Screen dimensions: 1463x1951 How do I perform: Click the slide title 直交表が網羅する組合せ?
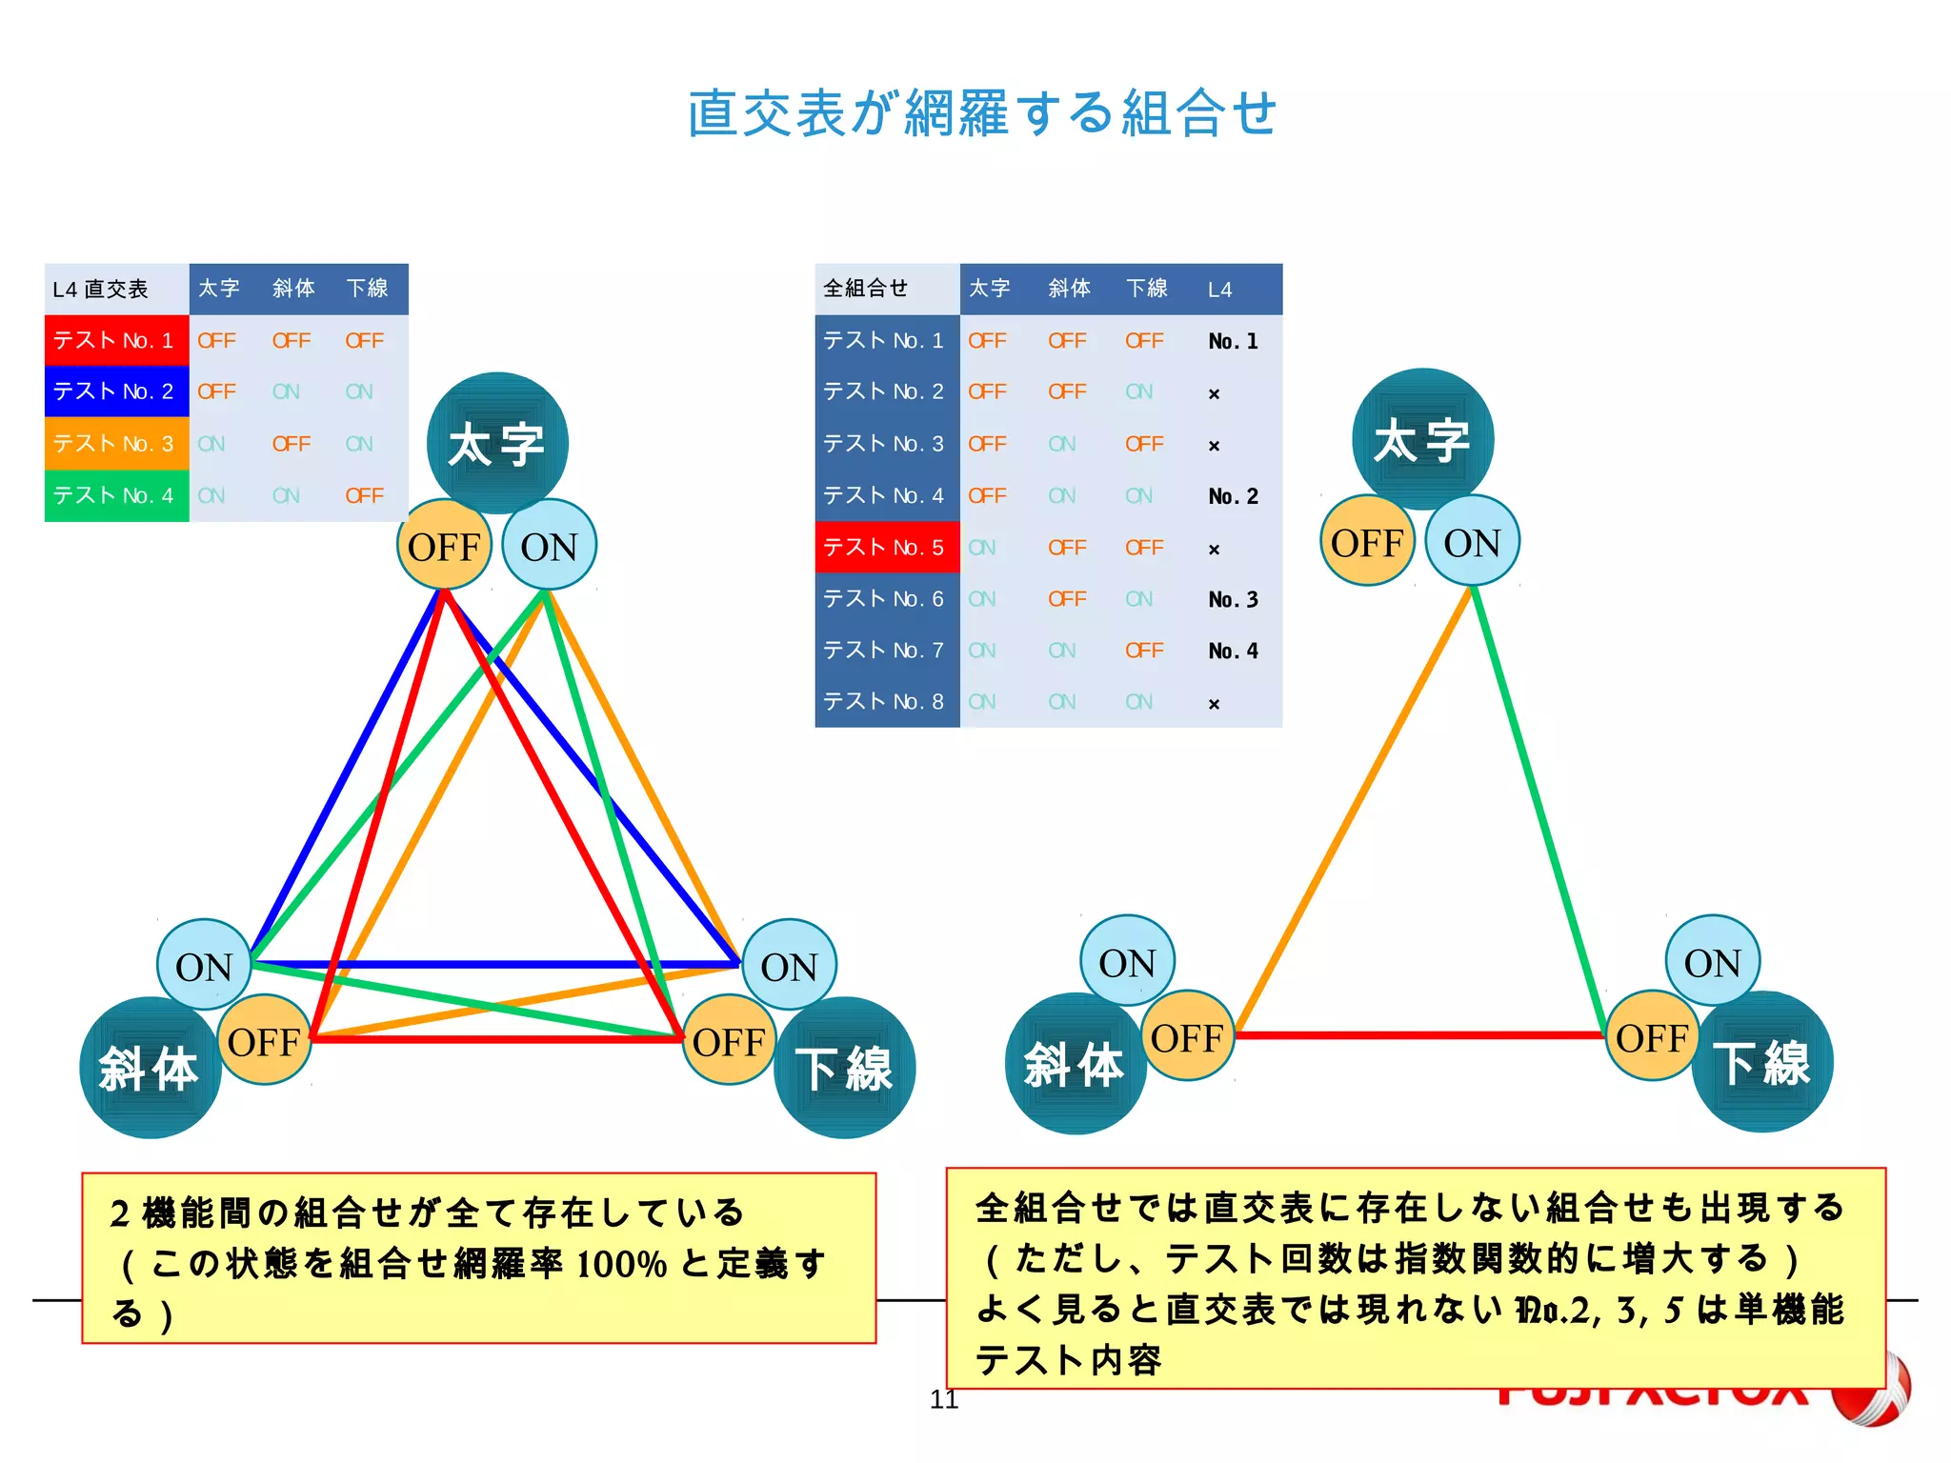(x=981, y=113)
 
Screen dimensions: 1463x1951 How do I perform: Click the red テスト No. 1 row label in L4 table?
(x=115, y=340)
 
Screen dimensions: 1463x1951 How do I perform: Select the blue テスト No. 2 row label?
(x=115, y=391)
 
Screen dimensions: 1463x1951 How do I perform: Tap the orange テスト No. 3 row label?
(x=115, y=444)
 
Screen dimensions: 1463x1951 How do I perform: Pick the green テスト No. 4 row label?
(x=115, y=495)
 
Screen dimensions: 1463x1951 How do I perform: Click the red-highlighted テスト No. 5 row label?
(x=885, y=547)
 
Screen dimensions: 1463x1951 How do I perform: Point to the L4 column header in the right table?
(x=1220, y=290)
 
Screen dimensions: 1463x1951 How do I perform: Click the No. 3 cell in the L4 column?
(x=1233, y=599)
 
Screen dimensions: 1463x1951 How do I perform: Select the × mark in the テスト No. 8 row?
(x=1214, y=704)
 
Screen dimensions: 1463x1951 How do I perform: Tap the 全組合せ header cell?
(x=866, y=289)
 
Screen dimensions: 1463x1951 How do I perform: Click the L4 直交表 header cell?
(x=101, y=290)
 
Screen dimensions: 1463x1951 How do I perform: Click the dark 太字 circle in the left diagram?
(x=497, y=442)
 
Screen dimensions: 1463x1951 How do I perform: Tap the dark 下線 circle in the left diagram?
(x=845, y=1068)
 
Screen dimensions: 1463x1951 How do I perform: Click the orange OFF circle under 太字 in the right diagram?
(x=1367, y=543)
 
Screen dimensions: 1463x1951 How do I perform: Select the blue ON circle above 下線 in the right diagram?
(x=1712, y=962)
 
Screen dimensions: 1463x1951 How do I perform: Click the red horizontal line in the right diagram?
(x=1419, y=1034)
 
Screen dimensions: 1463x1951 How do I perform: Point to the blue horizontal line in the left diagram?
(x=495, y=964)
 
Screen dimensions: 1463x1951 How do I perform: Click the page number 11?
(x=943, y=1399)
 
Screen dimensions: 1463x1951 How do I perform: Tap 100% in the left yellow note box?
(x=621, y=1264)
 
